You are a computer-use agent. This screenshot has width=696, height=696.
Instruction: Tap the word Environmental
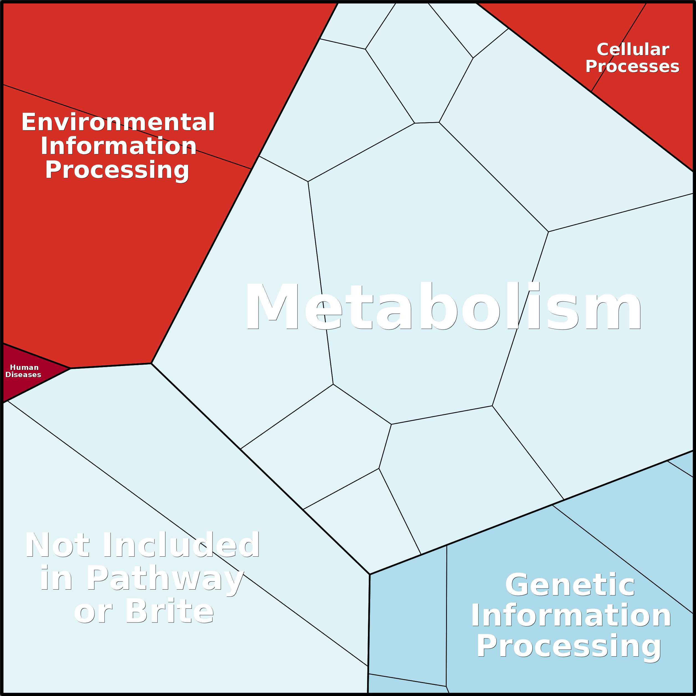click(118, 122)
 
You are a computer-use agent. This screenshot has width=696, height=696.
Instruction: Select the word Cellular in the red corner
click(633, 49)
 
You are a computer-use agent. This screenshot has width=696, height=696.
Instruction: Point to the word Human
click(24, 367)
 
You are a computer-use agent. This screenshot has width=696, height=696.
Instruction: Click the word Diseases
click(24, 375)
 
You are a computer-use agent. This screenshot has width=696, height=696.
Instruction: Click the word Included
click(181, 545)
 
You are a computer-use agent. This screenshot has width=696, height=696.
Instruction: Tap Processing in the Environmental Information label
click(117, 170)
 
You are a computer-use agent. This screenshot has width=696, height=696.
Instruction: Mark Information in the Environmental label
click(119, 146)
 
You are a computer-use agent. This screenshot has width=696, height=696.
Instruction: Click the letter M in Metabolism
click(272, 306)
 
